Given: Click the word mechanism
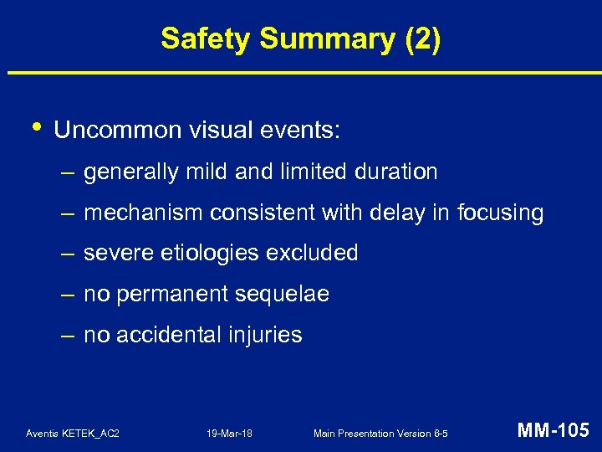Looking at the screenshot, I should (142, 213).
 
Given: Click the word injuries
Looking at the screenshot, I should (262, 335).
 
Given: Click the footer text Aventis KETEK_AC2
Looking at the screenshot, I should (73, 434).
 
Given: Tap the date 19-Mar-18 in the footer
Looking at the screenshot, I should (231, 434).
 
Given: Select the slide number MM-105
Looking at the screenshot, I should (554, 431).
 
